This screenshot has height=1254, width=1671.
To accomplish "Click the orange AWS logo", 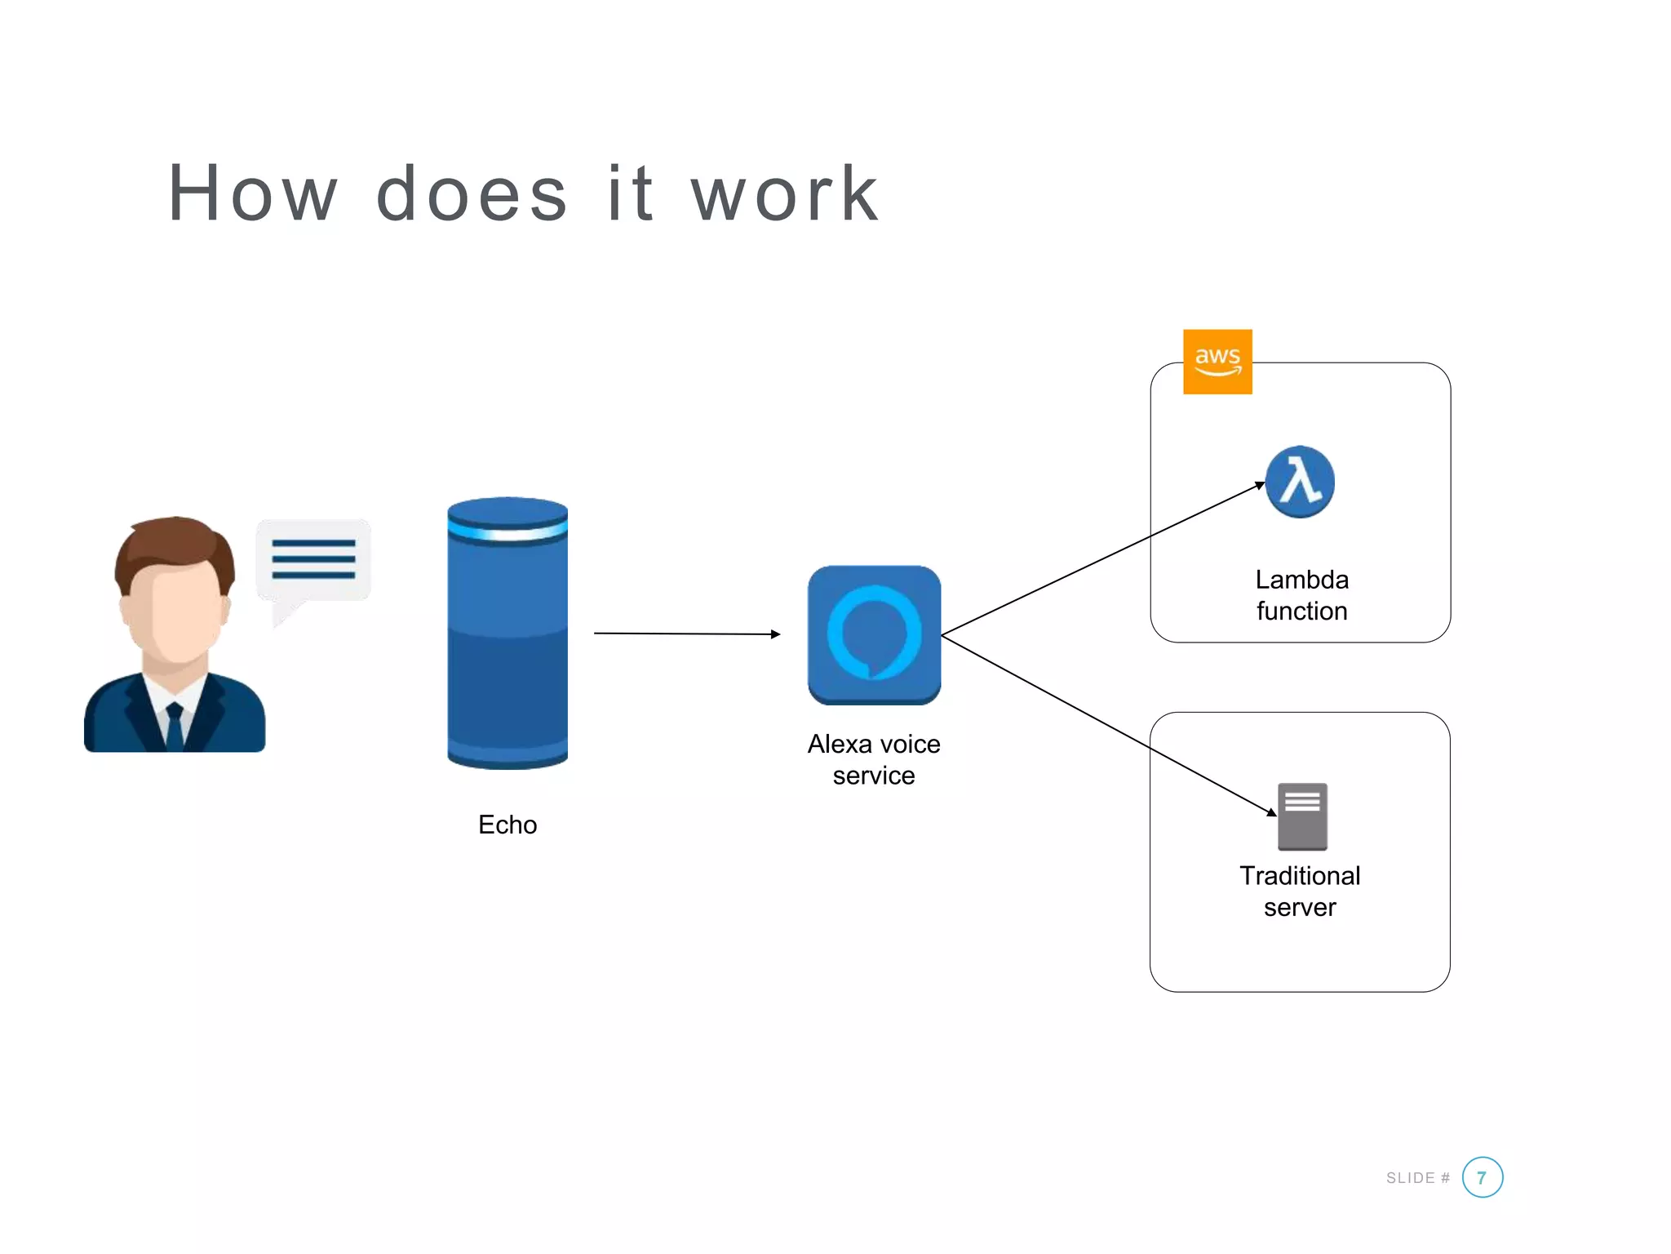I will tap(1217, 362).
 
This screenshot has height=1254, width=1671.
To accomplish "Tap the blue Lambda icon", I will tap(1300, 482).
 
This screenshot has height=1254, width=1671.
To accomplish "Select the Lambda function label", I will tap(1301, 595).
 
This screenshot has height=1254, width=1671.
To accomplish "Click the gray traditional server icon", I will tap(1302, 816).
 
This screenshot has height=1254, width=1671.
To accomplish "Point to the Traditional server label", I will tap(1300, 892).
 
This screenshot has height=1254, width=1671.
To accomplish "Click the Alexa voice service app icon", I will tap(874, 635).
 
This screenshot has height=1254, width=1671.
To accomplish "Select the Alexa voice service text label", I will tap(874, 759).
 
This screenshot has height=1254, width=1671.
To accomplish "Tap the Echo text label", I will tap(508, 825).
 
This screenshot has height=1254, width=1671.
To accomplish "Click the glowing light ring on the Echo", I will tap(508, 532).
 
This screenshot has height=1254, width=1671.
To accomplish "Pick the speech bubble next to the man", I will tap(313, 562).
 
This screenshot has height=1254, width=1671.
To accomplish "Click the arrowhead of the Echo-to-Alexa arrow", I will tap(775, 634).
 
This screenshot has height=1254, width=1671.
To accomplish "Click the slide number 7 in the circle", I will tap(1482, 1177).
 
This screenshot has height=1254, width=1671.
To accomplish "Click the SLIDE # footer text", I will tap(1417, 1178).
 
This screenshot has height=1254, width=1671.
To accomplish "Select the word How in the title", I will tap(253, 194).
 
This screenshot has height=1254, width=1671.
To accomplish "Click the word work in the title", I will tap(785, 194).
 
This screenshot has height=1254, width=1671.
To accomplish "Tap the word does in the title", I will tap(472, 194).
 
